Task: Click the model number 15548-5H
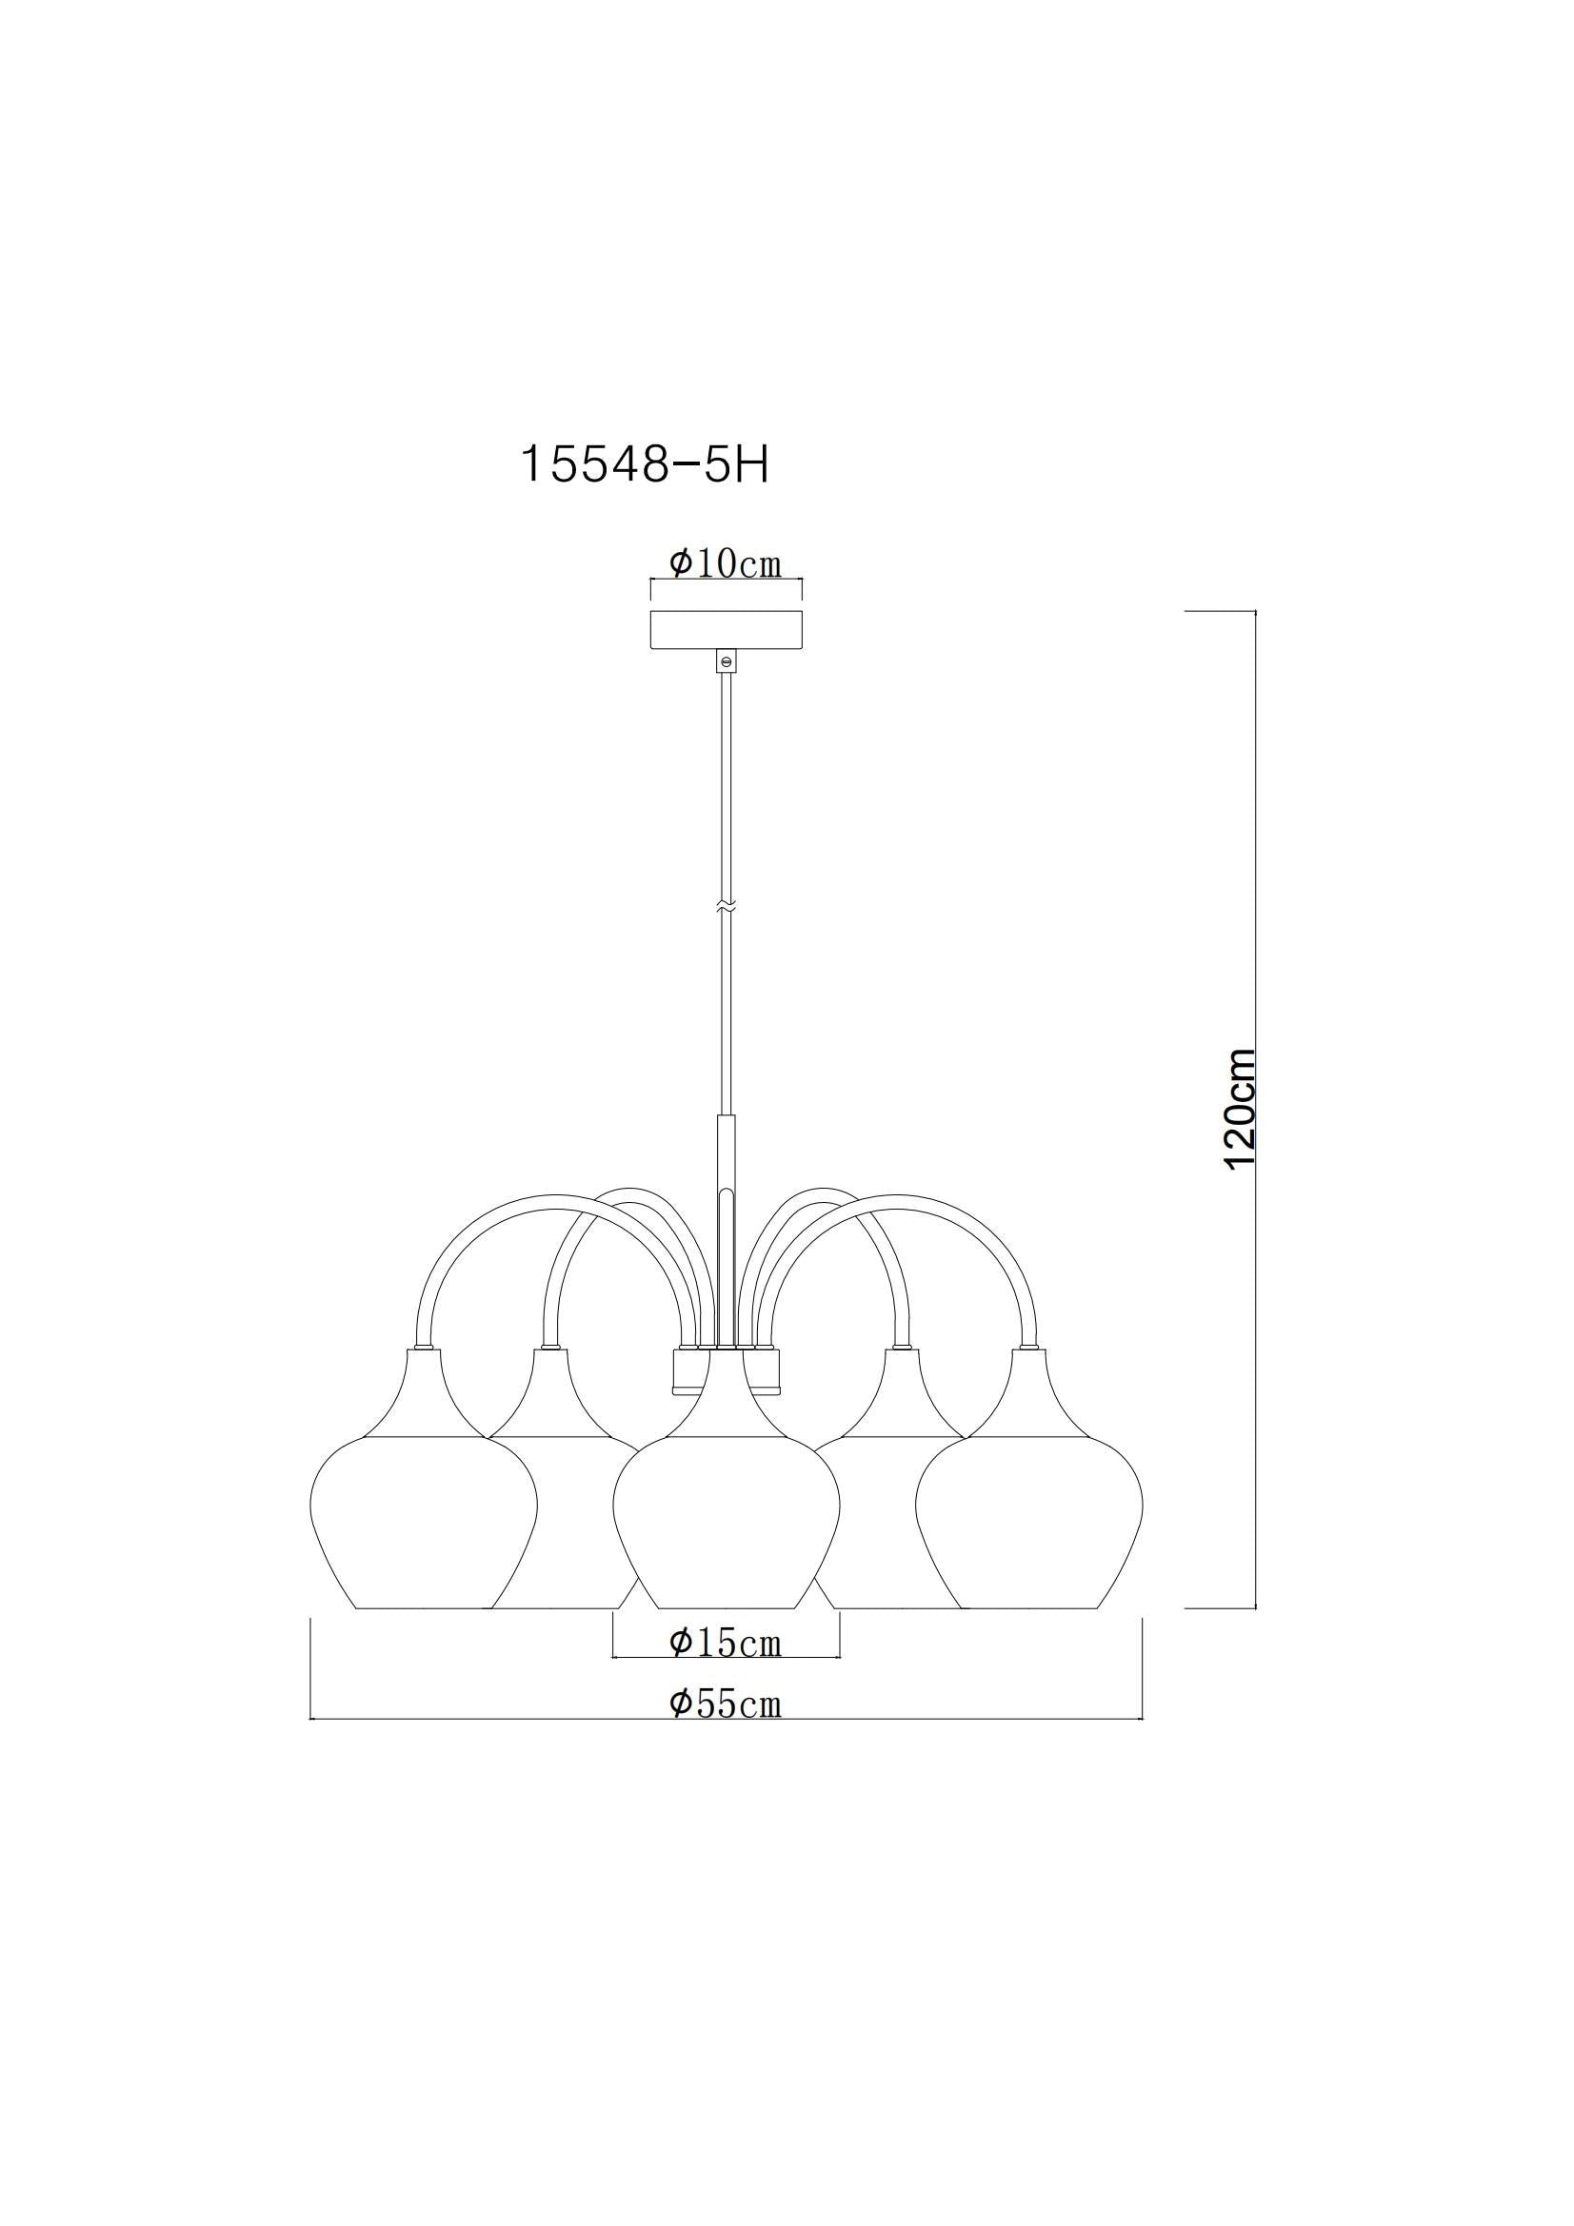(x=645, y=464)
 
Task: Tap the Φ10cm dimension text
(x=726, y=563)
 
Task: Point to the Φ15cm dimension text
(x=726, y=1643)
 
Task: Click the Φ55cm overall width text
(x=726, y=1704)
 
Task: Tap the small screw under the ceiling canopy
(x=726, y=661)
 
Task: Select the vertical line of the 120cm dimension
(x=1256, y=970)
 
